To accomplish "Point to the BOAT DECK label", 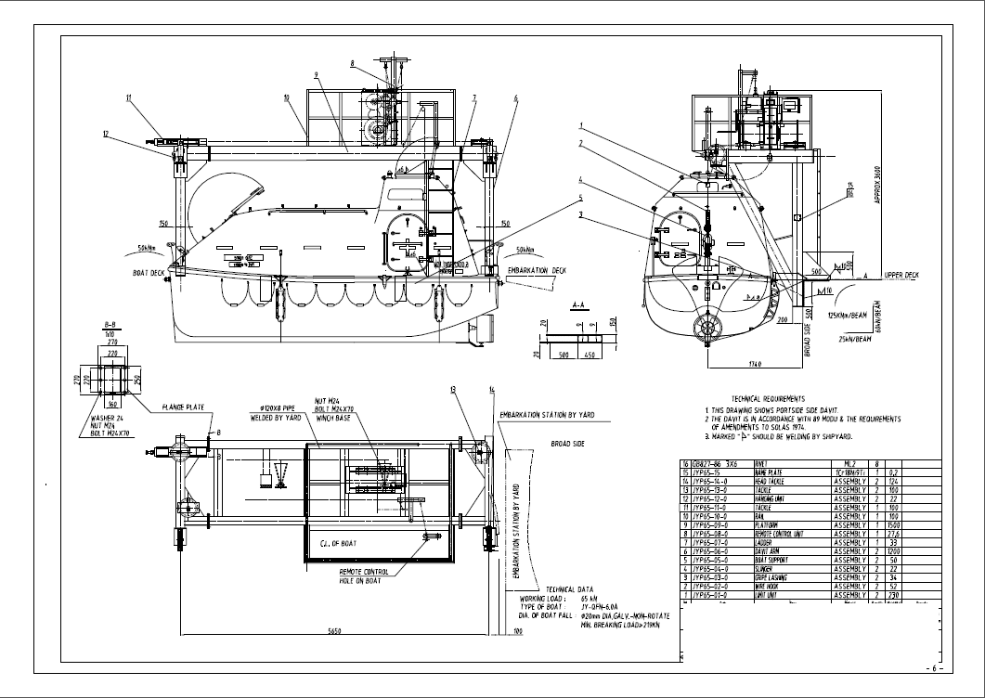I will pos(149,273).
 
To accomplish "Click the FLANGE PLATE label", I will pos(182,406).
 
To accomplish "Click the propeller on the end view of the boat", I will pos(707,327).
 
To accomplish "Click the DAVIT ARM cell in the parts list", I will pos(772,551).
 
